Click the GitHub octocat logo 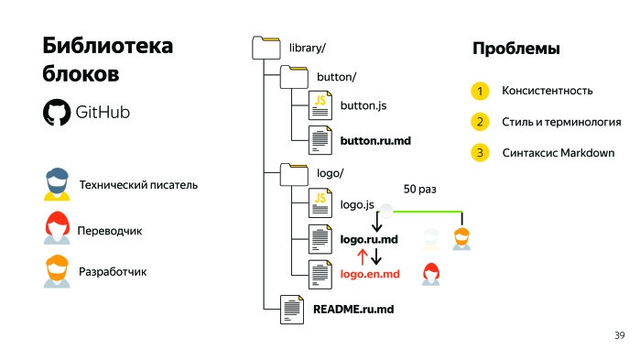point(56,112)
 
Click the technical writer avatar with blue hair point(56,184)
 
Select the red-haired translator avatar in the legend point(56,228)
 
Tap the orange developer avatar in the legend point(56,271)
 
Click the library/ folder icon point(266,47)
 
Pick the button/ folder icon point(294,76)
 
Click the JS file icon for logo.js point(320,202)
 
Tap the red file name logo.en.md point(370,273)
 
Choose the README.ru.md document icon point(292,309)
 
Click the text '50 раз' point(420,189)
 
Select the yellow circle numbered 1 point(479,91)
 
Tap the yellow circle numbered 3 point(479,152)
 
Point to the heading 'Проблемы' point(515,49)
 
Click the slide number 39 point(619,336)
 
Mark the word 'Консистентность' point(548,91)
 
